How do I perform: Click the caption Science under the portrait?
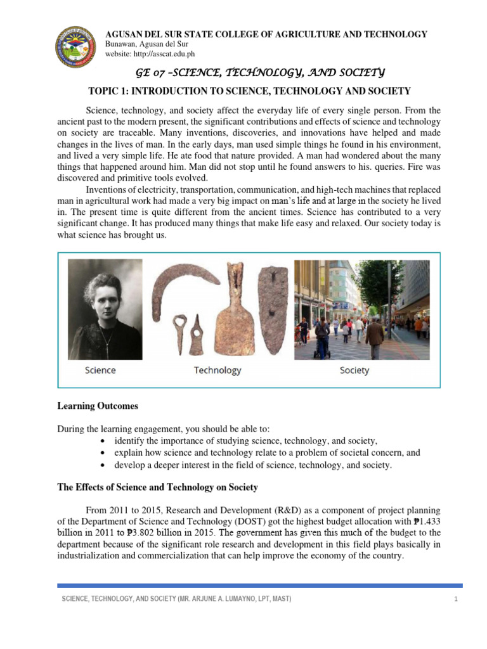[100, 370]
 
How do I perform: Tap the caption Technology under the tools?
[218, 370]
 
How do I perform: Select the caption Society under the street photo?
[354, 370]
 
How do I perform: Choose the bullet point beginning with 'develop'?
[254, 465]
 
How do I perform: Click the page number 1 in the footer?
[456, 600]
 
